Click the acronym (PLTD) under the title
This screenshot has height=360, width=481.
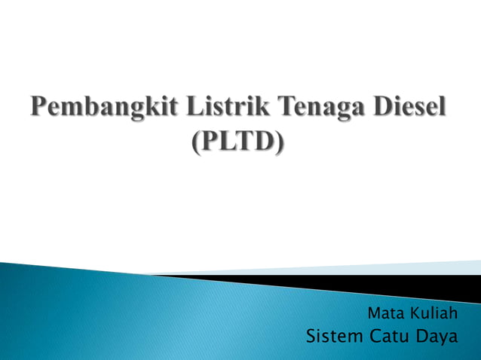click(x=240, y=142)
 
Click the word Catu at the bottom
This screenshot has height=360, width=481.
click(x=392, y=336)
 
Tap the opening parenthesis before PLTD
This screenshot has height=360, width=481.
click(x=198, y=142)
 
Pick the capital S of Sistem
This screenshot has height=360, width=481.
click(x=312, y=336)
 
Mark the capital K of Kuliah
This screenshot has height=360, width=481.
click(x=415, y=313)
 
